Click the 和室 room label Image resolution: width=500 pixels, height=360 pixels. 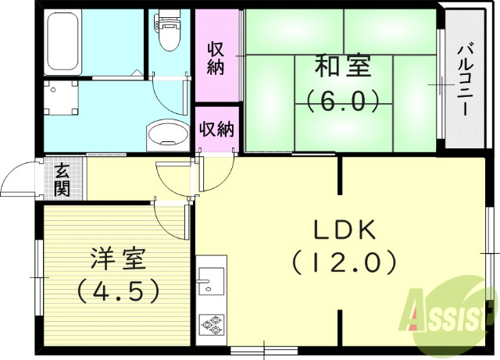(x=342, y=67)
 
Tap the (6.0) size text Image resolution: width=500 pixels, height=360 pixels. (x=342, y=101)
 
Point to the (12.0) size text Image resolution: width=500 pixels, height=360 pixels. (x=345, y=262)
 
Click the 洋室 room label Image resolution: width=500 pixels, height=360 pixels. (x=118, y=258)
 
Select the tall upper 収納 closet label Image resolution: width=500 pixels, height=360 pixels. (x=216, y=57)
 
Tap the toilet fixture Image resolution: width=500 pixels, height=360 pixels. (x=167, y=31)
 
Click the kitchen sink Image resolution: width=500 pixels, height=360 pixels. (x=210, y=280)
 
